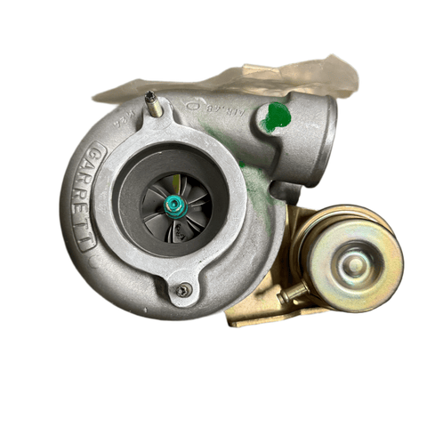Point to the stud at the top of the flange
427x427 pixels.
pos(152,104)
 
